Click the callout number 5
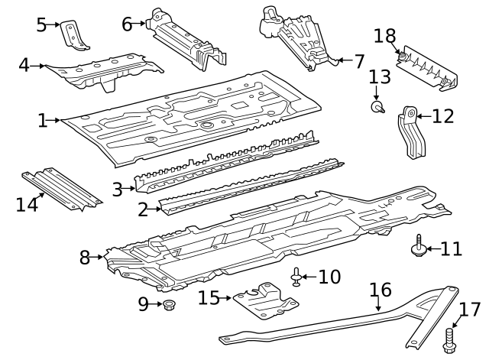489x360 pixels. pyautogui.click(x=41, y=24)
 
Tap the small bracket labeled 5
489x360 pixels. pyautogui.click(x=73, y=34)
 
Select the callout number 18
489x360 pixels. pyautogui.click(x=385, y=36)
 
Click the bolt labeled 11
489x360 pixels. pyautogui.click(x=417, y=248)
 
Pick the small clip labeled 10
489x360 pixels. pyautogui.click(x=296, y=276)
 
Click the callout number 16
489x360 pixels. pyautogui.click(x=381, y=290)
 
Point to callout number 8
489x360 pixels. pyautogui.click(x=85, y=258)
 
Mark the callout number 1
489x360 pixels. pyautogui.click(x=42, y=120)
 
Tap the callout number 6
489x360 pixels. pyautogui.click(x=127, y=24)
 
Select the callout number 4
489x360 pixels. pyautogui.click(x=24, y=65)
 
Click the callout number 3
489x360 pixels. pyautogui.click(x=116, y=189)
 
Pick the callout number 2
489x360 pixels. pyautogui.click(x=142, y=207)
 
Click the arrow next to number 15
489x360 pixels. pyautogui.click(x=226, y=297)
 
